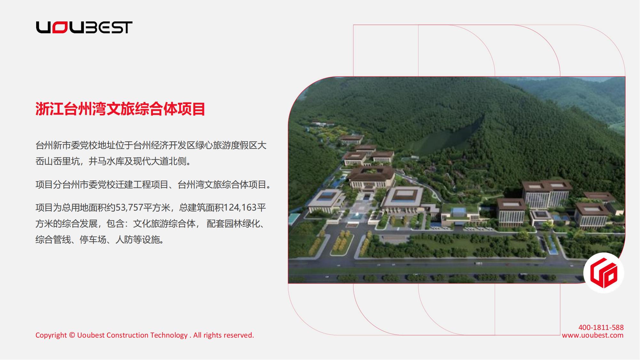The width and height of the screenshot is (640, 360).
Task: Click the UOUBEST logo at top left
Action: tap(84, 28)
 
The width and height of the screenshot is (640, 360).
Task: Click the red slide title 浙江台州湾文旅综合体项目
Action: tap(120, 109)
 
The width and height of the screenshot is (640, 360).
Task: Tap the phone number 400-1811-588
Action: tap(601, 327)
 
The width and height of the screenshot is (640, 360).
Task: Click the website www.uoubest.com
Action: tap(593, 335)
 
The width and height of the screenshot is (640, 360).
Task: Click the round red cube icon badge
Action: tap(604, 273)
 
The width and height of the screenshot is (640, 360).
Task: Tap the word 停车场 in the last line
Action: tap(93, 240)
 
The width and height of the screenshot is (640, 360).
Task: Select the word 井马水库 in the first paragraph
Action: tap(106, 161)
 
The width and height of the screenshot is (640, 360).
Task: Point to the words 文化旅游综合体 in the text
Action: tap(164, 224)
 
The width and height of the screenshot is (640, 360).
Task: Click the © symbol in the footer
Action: tap(72, 335)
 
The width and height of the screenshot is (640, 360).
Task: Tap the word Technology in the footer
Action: tap(169, 335)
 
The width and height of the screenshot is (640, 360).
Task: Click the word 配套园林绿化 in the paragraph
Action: tap(233, 224)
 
